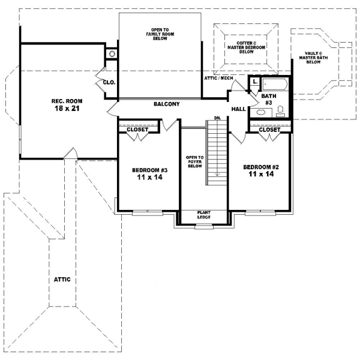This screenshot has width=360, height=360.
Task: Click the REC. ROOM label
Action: pyautogui.click(x=66, y=101)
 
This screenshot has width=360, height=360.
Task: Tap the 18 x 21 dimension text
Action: pyautogui.click(x=66, y=109)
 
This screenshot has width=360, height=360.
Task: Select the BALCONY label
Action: pyautogui.click(x=166, y=104)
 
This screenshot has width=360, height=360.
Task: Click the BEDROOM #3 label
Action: pyautogui.click(x=149, y=170)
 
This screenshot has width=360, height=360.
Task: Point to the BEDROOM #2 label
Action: pyautogui.click(x=259, y=166)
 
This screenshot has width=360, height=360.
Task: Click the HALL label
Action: pyautogui.click(x=238, y=109)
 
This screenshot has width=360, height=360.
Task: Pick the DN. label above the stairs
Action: pyautogui.click(x=218, y=118)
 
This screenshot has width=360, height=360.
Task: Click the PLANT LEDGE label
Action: pyautogui.click(x=204, y=215)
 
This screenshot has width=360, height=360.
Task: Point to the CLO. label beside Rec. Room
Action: pyautogui.click(x=109, y=83)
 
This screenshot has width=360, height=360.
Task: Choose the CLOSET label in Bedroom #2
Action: pyautogui.click(x=269, y=129)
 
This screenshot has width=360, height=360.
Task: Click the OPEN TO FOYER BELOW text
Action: pyautogui.click(x=195, y=161)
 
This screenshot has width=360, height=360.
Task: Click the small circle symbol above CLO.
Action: pyautogui.click(x=112, y=54)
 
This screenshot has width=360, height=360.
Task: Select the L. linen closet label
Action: pyautogui.click(x=255, y=81)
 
